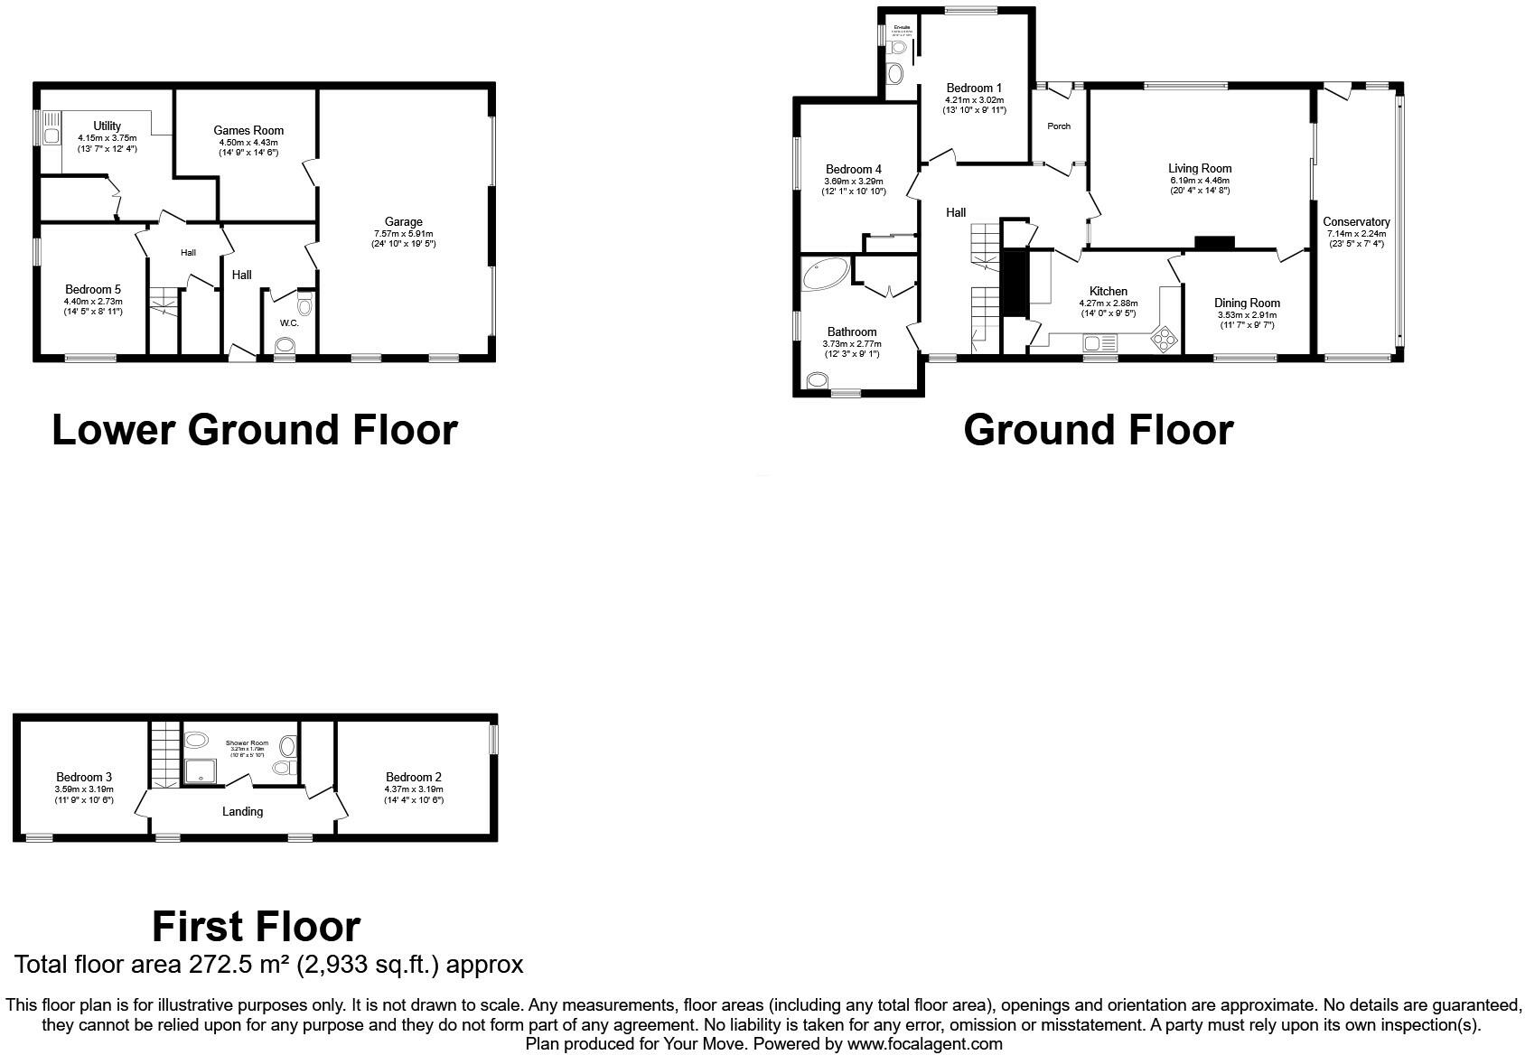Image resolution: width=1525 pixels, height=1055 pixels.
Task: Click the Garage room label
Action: [x=403, y=222]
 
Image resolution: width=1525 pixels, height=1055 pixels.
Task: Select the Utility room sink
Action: [x=51, y=135]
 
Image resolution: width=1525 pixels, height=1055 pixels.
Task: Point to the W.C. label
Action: [x=289, y=322]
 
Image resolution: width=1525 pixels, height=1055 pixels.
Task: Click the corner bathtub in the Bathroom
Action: [x=823, y=275]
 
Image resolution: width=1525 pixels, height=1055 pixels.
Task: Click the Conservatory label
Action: [x=1355, y=222]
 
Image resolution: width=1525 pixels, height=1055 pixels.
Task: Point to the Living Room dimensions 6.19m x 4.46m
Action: [x=1200, y=180]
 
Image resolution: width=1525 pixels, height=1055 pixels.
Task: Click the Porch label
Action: [x=1059, y=126]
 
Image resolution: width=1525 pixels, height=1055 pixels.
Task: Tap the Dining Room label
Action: [x=1247, y=303]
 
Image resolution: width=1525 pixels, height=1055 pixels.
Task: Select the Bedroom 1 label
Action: [x=974, y=89]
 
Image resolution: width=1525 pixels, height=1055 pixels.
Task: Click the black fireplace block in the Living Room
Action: [x=1214, y=242]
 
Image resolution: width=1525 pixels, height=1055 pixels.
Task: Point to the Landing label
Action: [x=242, y=811]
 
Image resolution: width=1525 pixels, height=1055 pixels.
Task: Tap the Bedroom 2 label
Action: [x=414, y=777]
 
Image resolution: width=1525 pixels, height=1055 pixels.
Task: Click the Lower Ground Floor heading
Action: [x=255, y=430]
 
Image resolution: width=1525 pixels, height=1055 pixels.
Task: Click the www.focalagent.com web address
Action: [x=924, y=1044]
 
